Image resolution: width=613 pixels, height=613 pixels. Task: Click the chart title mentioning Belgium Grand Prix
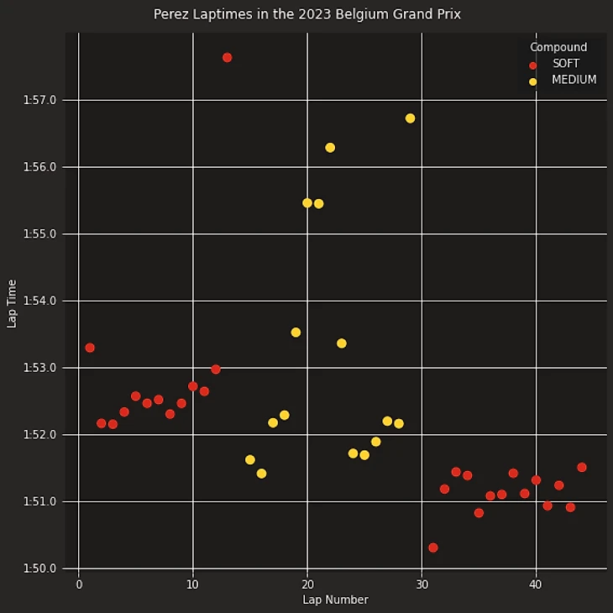pyautogui.click(x=306, y=14)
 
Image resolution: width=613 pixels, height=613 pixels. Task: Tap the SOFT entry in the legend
pyautogui.click(x=565, y=64)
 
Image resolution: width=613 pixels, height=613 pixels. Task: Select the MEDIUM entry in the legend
pyautogui.click(x=574, y=81)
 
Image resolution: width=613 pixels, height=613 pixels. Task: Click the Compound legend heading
pyautogui.click(x=558, y=47)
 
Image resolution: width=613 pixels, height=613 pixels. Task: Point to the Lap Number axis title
pyautogui.click(x=335, y=600)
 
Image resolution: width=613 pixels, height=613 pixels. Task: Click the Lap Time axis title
pyautogui.click(x=12, y=303)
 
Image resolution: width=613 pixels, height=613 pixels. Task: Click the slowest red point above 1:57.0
pyautogui.click(x=227, y=57)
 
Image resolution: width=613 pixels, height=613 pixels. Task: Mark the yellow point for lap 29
pyautogui.click(x=410, y=118)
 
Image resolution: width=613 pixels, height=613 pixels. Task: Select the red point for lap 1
pyautogui.click(x=90, y=348)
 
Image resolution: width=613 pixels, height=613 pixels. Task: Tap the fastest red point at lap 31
pyautogui.click(x=432, y=548)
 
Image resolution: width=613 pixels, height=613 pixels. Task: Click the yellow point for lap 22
pyautogui.click(x=330, y=148)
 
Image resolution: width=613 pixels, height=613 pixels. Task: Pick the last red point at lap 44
pyautogui.click(x=581, y=467)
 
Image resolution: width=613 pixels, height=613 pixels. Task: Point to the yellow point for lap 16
pyautogui.click(x=261, y=474)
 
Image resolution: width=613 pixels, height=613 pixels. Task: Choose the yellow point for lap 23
pyautogui.click(x=341, y=343)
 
